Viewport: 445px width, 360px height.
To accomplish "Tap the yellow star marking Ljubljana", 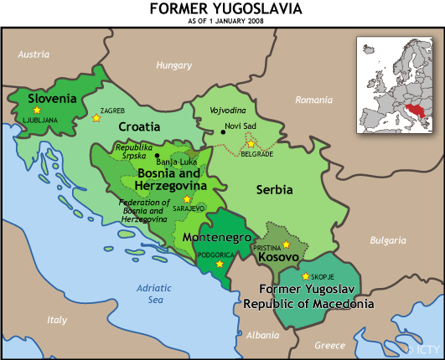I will click(37, 111).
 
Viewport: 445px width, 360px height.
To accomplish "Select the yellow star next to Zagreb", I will click(96, 118).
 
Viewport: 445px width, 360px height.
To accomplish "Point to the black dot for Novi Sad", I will click(223, 131).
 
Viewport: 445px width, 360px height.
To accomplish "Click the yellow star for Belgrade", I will click(251, 144).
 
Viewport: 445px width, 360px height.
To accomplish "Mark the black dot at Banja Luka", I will click(158, 156).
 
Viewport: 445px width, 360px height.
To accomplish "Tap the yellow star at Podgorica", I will click(220, 265).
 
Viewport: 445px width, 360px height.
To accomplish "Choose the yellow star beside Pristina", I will click(287, 244).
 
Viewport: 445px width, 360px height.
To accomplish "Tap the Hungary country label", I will click(174, 64).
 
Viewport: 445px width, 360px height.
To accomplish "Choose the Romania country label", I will click(314, 100).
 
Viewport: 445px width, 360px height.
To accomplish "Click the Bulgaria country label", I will click(387, 240).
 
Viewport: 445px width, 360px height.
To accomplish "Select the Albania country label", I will click(263, 335).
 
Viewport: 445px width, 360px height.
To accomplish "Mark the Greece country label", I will click(329, 345).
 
